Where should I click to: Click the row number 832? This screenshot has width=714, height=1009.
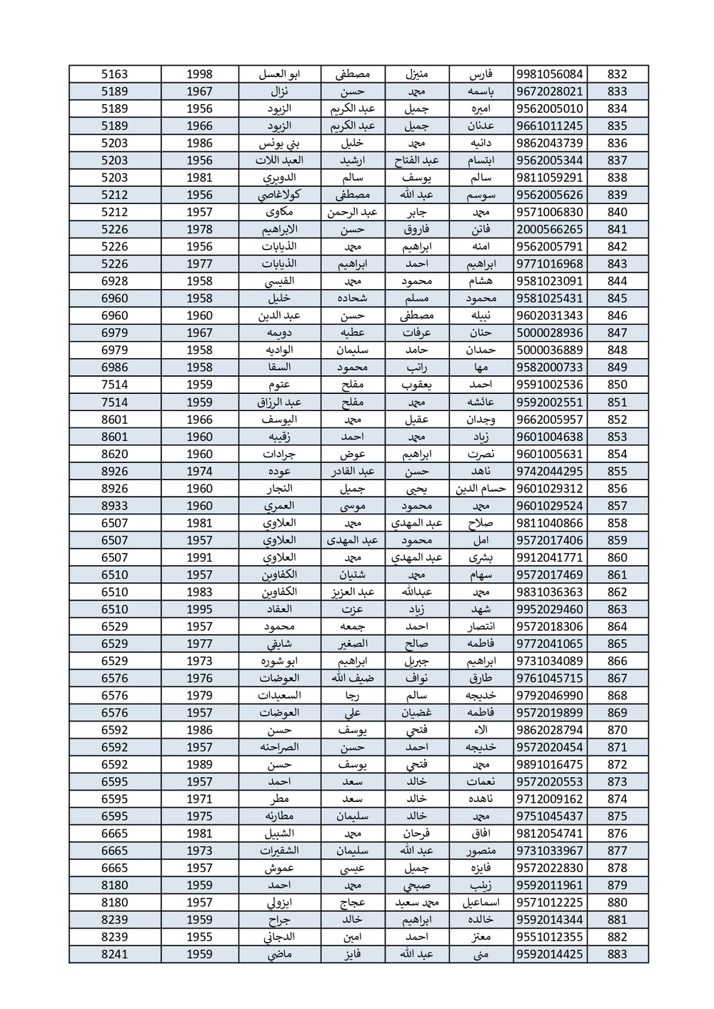(x=617, y=74)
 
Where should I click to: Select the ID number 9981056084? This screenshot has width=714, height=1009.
(x=549, y=74)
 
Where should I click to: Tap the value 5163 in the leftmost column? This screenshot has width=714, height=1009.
(x=115, y=74)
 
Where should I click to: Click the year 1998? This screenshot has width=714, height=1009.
(x=200, y=74)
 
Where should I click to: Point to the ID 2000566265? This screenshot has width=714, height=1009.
(x=549, y=230)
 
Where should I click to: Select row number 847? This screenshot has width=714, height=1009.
(x=617, y=333)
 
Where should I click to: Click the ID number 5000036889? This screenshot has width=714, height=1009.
(x=549, y=350)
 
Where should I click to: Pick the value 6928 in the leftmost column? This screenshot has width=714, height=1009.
(x=115, y=281)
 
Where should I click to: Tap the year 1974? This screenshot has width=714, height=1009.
(x=200, y=471)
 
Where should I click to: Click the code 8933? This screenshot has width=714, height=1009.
(x=115, y=506)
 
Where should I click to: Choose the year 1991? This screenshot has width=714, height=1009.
(x=200, y=557)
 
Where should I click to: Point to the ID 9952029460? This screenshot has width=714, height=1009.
(x=549, y=609)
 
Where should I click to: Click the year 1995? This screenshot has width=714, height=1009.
(x=200, y=609)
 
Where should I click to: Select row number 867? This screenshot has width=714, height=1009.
(x=617, y=678)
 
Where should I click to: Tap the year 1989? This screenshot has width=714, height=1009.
(x=200, y=764)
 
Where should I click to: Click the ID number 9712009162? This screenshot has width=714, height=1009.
(x=549, y=799)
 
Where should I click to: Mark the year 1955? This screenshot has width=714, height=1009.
(x=200, y=937)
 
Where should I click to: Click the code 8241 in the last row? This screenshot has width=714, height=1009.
(x=115, y=954)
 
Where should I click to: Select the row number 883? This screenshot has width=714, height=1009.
(x=617, y=954)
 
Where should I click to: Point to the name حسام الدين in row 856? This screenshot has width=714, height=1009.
(x=481, y=489)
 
